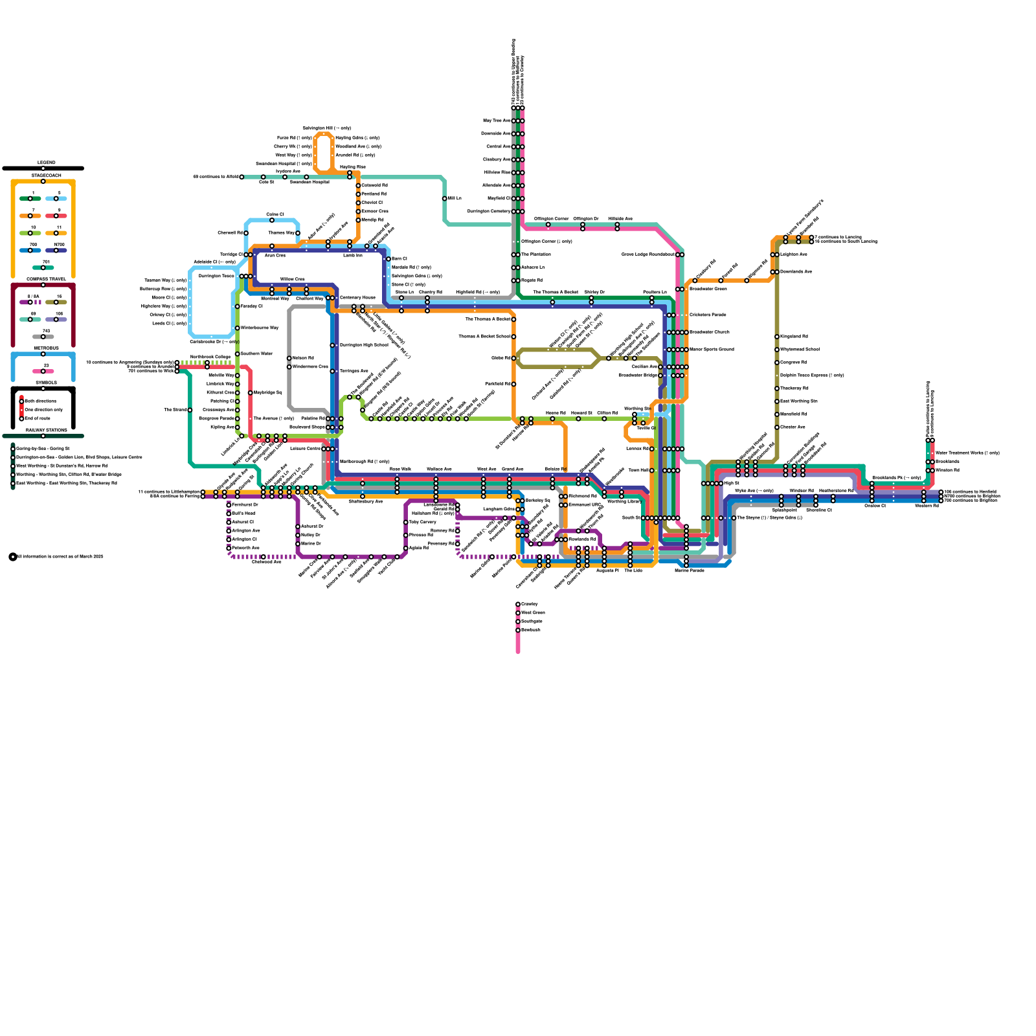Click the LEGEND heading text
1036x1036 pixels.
click(46, 163)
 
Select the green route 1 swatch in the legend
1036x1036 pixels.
click(30, 198)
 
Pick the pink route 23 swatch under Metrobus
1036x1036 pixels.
click(43, 371)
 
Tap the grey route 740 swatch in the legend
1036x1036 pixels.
click(43, 337)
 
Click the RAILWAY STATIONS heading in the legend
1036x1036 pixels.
click(46, 430)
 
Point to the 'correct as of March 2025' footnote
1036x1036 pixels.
click(60, 556)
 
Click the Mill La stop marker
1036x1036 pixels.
click(445, 199)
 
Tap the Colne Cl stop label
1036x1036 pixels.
click(275, 214)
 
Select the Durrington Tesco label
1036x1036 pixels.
click(216, 276)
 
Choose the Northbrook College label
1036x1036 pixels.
click(210, 357)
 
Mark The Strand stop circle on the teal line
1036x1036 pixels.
click(190, 410)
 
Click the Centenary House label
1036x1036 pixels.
click(357, 298)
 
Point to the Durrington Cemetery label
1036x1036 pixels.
click(489, 212)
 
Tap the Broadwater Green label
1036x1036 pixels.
click(708, 289)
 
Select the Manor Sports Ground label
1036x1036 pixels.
click(712, 350)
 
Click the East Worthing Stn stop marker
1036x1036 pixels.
click(777, 401)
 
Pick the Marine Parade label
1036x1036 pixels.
click(689, 571)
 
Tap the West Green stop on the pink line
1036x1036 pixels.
click(518, 613)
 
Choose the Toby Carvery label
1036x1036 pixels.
click(423, 522)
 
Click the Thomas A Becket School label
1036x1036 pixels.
click(484, 337)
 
